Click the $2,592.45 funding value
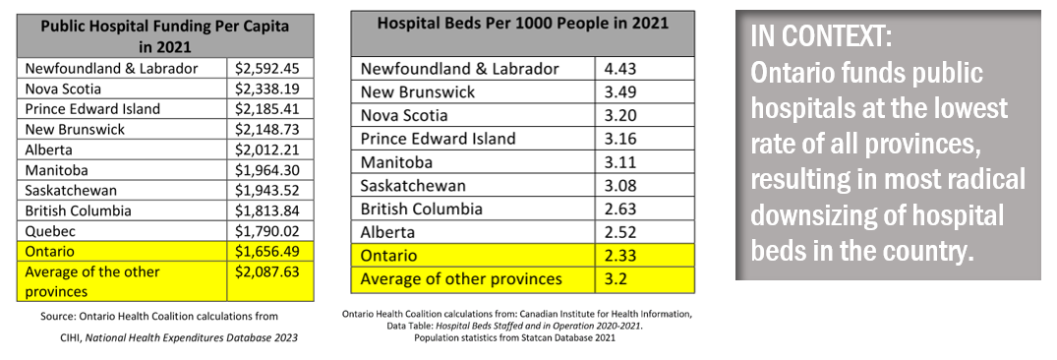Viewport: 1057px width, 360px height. (266, 68)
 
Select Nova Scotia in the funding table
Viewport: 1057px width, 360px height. (63, 89)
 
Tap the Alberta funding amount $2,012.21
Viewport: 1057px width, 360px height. (266, 150)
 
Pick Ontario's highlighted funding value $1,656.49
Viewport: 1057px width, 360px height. (266, 252)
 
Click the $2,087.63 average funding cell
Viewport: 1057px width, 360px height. (266, 271)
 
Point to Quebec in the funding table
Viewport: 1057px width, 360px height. (50, 231)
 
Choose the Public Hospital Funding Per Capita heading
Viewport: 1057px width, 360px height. (165, 36)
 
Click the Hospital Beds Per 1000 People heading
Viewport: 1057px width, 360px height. (522, 23)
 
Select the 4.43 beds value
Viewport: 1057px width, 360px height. (620, 69)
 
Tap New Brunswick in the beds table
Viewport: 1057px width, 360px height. (418, 91)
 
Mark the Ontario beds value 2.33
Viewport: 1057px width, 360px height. (620, 256)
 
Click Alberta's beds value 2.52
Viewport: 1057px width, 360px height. (620, 232)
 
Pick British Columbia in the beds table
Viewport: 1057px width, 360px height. (421, 209)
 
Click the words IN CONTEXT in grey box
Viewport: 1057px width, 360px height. (821, 36)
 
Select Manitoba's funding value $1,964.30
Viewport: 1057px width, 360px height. (266, 170)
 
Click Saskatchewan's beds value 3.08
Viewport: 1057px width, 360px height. (620, 185)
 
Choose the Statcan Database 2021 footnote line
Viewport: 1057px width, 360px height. (514, 337)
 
